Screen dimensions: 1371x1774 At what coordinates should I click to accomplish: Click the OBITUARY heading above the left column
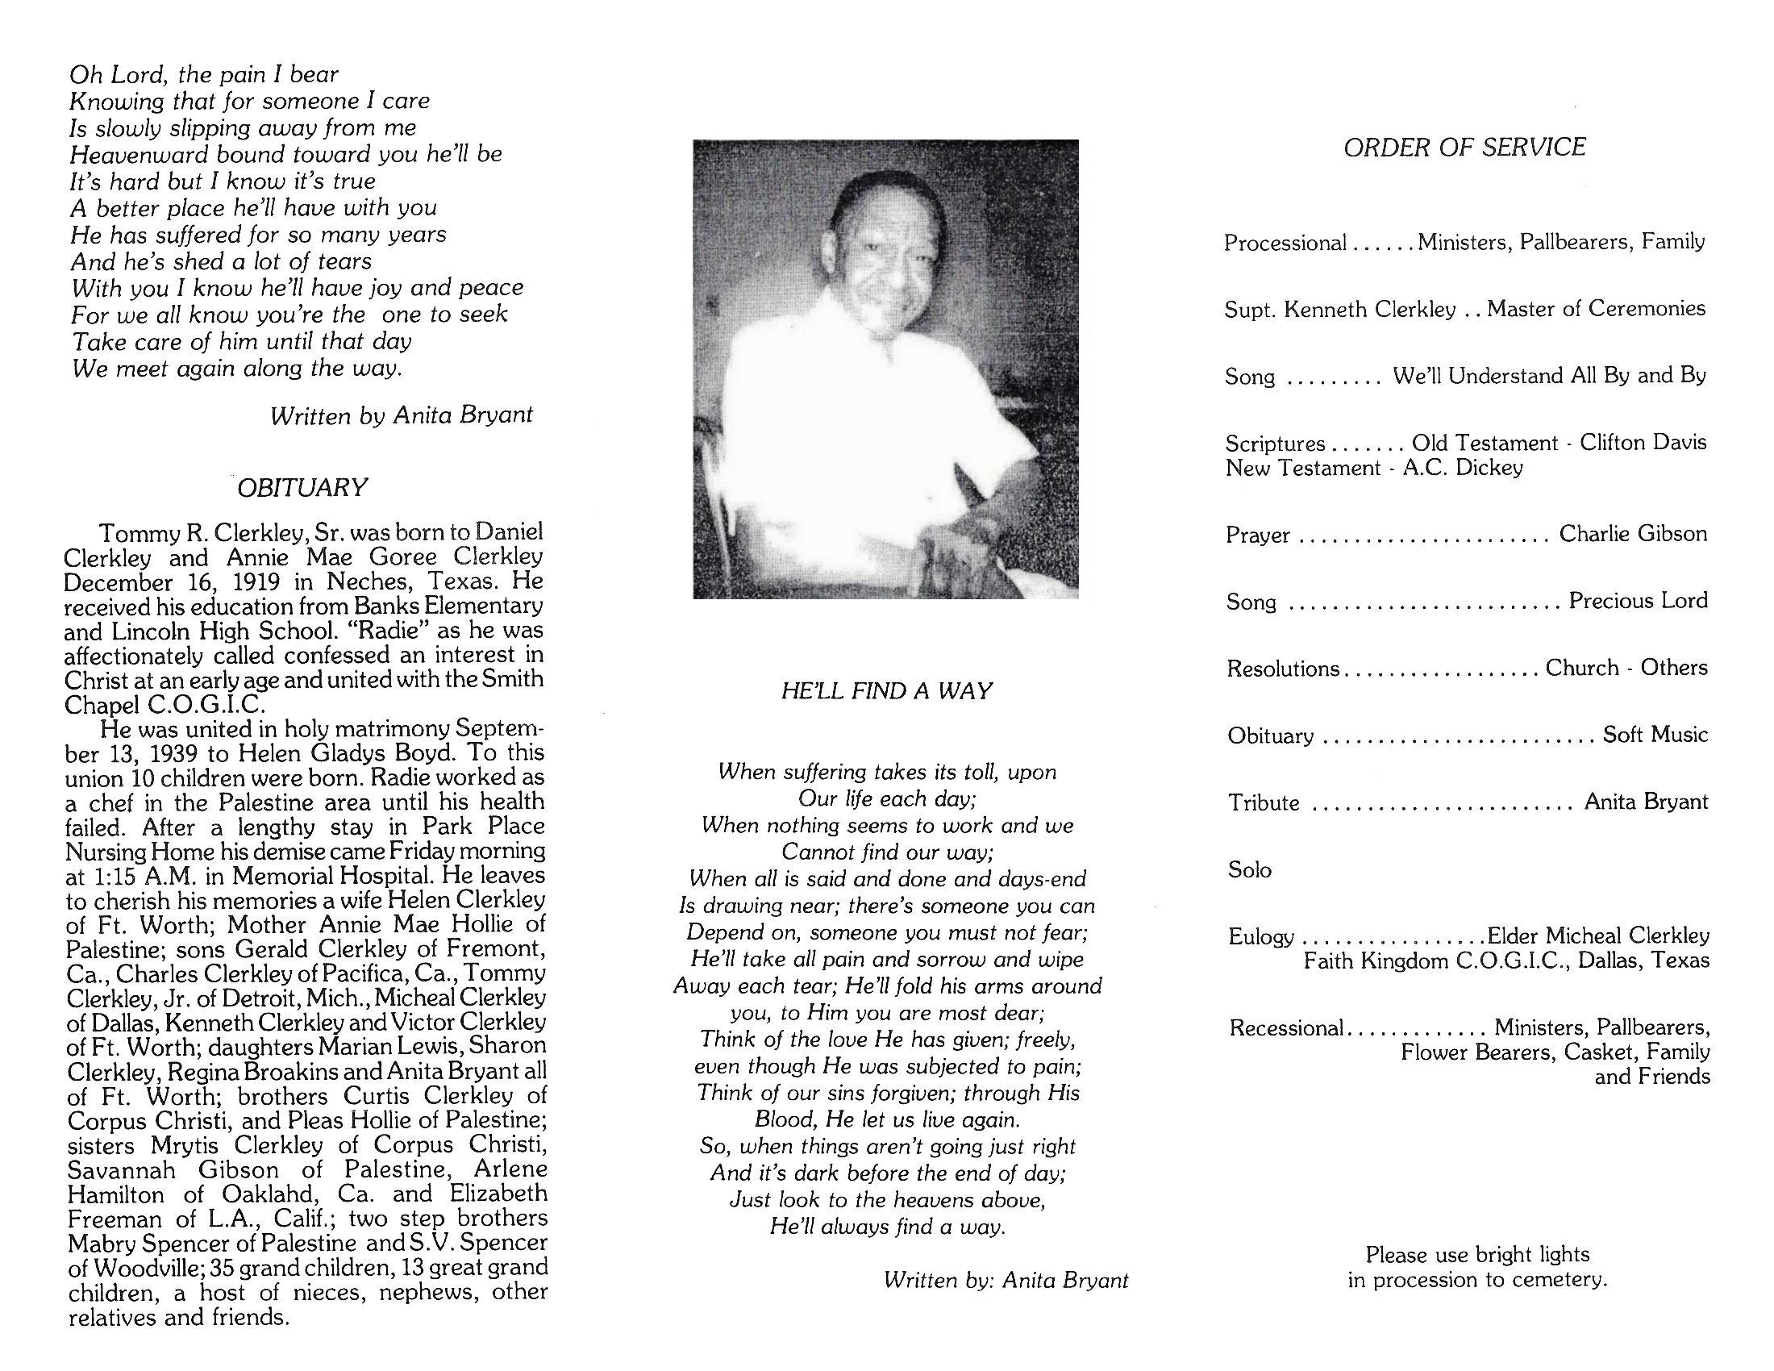302,487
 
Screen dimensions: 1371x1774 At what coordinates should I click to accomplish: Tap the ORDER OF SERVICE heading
1464,147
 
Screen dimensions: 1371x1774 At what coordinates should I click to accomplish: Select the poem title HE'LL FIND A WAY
886,690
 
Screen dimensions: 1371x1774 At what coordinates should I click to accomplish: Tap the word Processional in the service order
1285,243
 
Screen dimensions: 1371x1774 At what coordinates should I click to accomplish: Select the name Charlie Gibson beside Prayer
1633,534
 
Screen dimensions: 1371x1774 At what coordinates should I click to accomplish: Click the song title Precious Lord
1638,600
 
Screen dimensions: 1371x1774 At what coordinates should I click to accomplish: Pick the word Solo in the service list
1249,870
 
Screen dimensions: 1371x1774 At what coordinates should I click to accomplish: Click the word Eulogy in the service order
1260,936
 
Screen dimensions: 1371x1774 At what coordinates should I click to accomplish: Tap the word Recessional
1286,1027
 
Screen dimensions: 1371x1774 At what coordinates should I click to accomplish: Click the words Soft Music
1655,734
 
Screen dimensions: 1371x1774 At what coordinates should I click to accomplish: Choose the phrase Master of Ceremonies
1596,309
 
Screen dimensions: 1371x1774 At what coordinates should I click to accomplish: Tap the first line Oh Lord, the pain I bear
203,75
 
